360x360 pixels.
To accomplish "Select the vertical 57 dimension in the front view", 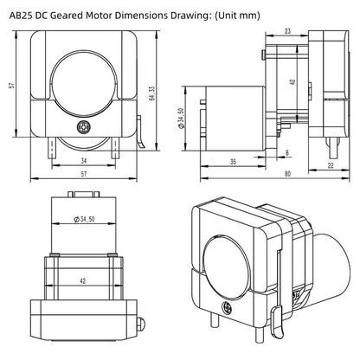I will (x=11, y=87).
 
